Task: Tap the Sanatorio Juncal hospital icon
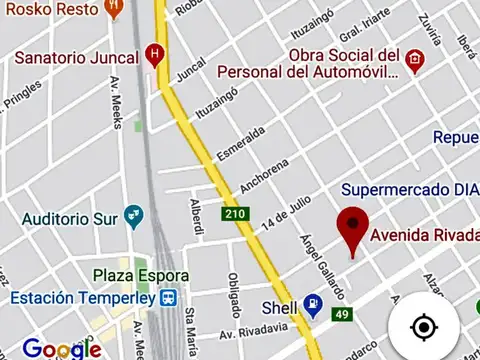click(153, 53)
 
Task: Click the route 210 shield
click(236, 214)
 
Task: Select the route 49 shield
click(342, 316)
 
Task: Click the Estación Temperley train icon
click(169, 298)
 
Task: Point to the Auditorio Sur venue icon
click(132, 215)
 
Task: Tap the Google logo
click(62, 348)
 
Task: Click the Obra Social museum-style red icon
click(414, 62)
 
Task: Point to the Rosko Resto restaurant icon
click(115, 8)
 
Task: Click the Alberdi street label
click(197, 218)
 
